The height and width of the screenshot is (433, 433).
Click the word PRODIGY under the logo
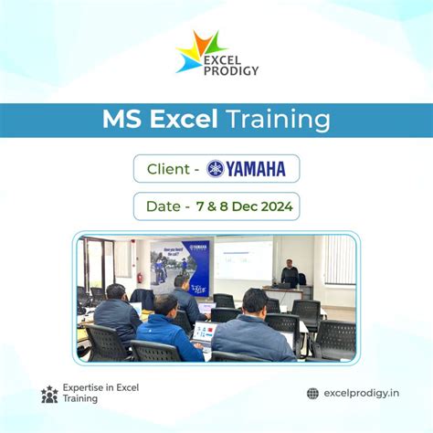[x=230, y=70]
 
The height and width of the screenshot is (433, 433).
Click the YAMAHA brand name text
[x=257, y=169]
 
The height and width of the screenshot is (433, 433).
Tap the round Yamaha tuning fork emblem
[x=216, y=169]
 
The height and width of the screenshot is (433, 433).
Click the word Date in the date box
[x=164, y=206]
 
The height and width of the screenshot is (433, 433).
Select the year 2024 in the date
[x=273, y=206]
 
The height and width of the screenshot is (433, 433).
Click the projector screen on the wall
[x=243, y=259]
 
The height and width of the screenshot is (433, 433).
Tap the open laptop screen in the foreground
[x=202, y=330]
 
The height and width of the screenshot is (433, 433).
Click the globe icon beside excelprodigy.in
[x=312, y=394]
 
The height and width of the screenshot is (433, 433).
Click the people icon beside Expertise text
[x=49, y=394]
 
